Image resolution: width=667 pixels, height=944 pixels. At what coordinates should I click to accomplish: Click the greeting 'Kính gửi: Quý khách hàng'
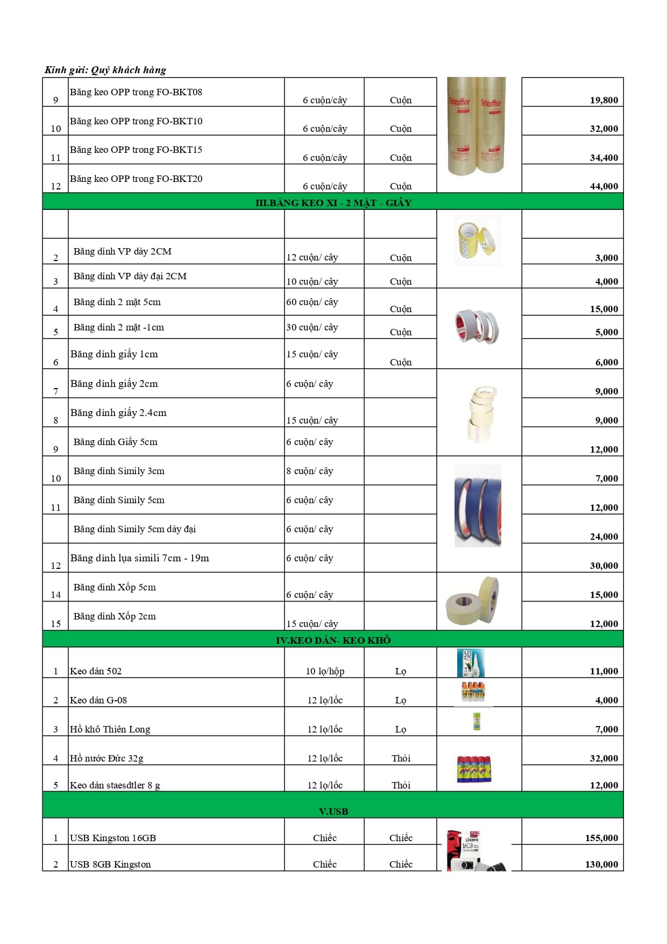pyautogui.click(x=105, y=70)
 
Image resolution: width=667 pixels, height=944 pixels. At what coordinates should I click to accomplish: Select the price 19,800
pyautogui.click(x=604, y=100)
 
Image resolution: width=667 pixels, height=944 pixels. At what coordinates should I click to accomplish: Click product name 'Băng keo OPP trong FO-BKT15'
pyautogui.click(x=136, y=150)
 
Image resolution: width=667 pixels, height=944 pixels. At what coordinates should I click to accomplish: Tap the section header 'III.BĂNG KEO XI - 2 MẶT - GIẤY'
pyautogui.click(x=333, y=203)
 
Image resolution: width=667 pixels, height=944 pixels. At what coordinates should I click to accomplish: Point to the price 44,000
pyautogui.click(x=604, y=186)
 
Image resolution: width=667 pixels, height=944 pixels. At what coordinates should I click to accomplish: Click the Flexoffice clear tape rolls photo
pyautogui.click(x=477, y=126)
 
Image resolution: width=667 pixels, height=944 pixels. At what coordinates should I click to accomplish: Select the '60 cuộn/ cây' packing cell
pyautogui.click(x=312, y=302)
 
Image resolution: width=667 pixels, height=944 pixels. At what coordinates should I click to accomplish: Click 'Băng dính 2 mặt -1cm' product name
pyautogui.click(x=119, y=327)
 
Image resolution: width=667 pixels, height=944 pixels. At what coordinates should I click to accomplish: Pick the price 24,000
pyautogui.click(x=604, y=537)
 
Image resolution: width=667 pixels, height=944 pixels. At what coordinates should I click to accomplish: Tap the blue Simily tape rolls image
pyautogui.click(x=478, y=506)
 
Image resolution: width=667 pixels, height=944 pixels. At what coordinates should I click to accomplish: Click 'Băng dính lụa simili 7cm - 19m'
pyautogui.click(x=140, y=558)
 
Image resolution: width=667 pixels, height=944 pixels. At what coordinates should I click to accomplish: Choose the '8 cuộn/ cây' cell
pyautogui.click(x=310, y=471)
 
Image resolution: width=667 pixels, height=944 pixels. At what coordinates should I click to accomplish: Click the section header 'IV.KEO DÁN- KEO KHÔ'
pyautogui.click(x=333, y=640)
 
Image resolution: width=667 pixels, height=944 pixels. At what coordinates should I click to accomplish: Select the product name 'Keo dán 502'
pyautogui.click(x=96, y=671)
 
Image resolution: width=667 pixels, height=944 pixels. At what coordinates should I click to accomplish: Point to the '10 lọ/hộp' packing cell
pyautogui.click(x=325, y=671)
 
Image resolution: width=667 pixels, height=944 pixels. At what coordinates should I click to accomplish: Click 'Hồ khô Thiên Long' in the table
pyautogui.click(x=110, y=729)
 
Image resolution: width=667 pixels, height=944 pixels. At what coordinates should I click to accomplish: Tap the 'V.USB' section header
pyautogui.click(x=333, y=811)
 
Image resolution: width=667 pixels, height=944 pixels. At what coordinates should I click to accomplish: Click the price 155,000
pyautogui.click(x=601, y=838)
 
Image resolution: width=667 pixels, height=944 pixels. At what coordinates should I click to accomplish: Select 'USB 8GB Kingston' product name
pyautogui.click(x=110, y=864)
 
